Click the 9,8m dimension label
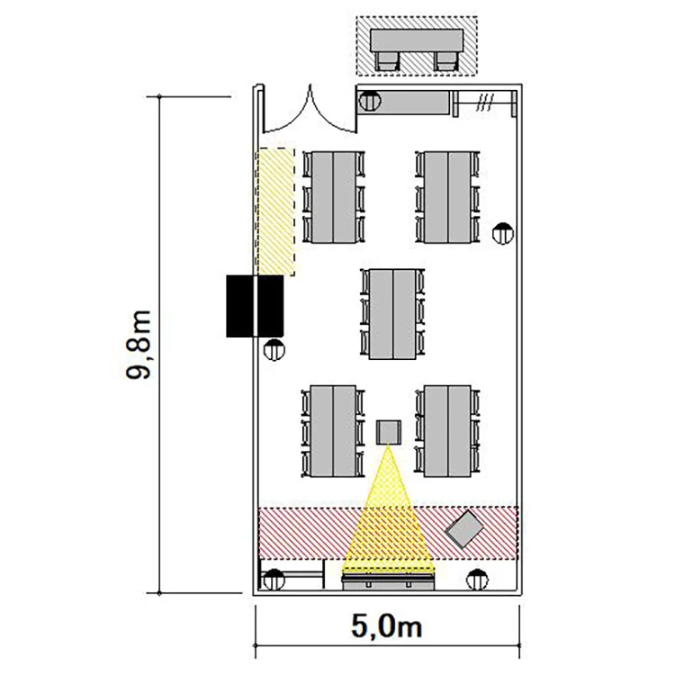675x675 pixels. pos(139,345)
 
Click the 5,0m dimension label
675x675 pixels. pos(387,625)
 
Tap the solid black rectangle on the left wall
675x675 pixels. pos(255,306)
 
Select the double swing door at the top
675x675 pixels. pos(310,110)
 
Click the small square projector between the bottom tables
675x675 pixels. pos(389,432)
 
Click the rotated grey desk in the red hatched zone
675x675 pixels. pos(464,529)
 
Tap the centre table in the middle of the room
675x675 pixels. pos(392,314)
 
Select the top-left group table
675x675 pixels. pos(334,197)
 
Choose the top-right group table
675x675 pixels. pos(447,197)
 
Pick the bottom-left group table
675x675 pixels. pos(333,431)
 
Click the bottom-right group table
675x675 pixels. pos(447,431)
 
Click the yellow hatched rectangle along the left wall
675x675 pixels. pos(276,211)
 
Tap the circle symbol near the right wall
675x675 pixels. pos(503,234)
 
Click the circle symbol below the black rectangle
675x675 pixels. pos(274,350)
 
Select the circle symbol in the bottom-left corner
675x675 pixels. pos(274,580)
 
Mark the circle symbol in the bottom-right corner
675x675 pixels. pos(477,580)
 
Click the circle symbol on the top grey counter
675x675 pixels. pos(370,101)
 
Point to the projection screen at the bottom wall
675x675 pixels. pos(388,581)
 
